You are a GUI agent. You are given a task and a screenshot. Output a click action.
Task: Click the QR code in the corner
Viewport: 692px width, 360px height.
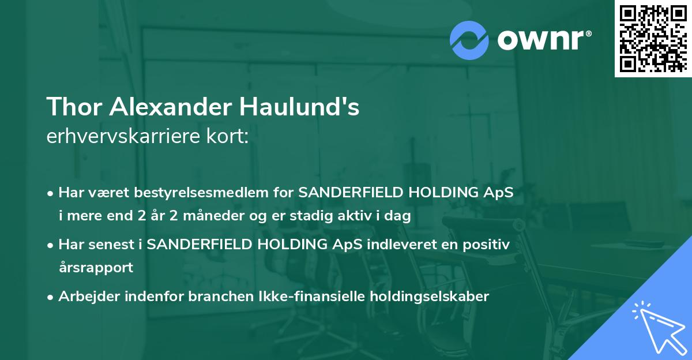[x=653, y=38]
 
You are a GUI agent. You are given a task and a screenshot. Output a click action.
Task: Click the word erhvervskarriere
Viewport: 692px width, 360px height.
[x=119, y=136]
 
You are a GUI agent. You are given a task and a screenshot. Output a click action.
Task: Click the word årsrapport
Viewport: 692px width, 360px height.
[x=96, y=268]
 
